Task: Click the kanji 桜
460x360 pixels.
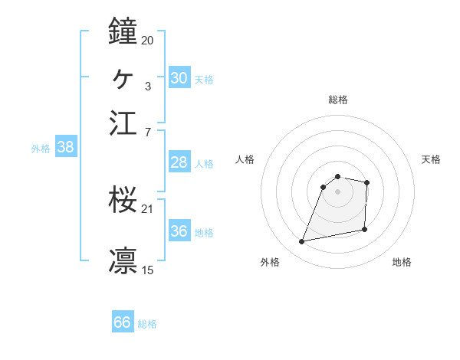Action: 123,200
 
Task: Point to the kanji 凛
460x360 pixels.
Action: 123,260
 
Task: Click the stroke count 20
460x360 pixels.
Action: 147,40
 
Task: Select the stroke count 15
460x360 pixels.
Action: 147,270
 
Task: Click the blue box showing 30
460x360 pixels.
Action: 179,77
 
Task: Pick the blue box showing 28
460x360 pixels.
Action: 179,162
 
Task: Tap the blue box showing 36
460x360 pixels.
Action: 179,231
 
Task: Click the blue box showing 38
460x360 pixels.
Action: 65,148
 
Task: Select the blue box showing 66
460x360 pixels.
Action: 123,322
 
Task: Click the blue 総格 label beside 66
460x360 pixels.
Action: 147,324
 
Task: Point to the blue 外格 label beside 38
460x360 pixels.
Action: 41,149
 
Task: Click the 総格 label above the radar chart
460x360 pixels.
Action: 338,100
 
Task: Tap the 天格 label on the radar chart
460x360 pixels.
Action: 431,159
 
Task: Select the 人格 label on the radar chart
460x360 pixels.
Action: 245,159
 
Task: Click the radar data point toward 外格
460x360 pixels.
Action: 302,242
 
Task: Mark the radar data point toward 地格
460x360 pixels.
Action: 364,230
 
